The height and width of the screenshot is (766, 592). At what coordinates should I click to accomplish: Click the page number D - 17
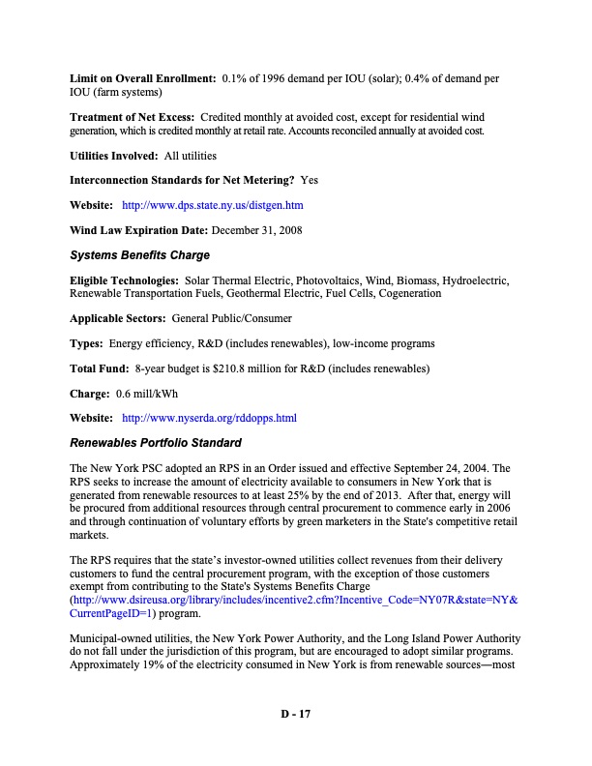pyautogui.click(x=295, y=714)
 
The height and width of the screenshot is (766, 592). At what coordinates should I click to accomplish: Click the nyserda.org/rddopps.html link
pyautogui.click(x=209, y=419)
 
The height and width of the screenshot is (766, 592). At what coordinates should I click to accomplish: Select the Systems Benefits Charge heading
pyautogui.click(x=140, y=255)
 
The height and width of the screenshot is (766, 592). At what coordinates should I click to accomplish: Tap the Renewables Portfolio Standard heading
pyautogui.click(x=156, y=443)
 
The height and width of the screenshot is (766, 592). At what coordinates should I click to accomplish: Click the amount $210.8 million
pyautogui.click(x=246, y=368)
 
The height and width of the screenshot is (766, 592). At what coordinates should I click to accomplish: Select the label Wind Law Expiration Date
pyautogui.click(x=139, y=230)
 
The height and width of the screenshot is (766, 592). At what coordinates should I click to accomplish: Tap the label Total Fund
pyautogui.click(x=100, y=368)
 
